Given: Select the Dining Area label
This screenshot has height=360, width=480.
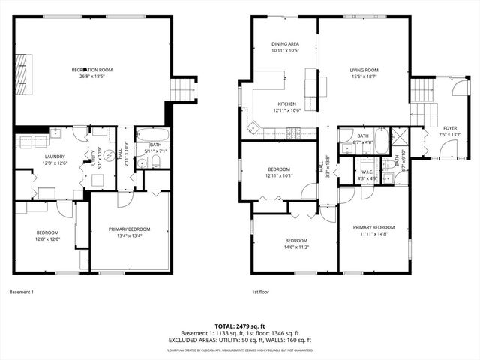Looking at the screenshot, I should pyautogui.click(x=285, y=44).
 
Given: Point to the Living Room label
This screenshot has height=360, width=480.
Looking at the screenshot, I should pyautogui.click(x=364, y=70).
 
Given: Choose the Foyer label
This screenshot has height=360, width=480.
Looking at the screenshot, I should pyautogui.click(x=449, y=128).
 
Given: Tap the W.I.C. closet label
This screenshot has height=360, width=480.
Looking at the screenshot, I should pyautogui.click(x=367, y=172).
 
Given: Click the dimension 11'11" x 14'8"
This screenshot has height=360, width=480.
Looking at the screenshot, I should pyautogui.click(x=373, y=233).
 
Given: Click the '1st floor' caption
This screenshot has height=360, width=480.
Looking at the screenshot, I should pyautogui.click(x=260, y=292).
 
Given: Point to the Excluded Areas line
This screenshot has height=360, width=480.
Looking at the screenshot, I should pyautogui.click(x=239, y=340).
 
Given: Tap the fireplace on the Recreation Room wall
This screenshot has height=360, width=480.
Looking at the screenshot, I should pyautogui.click(x=22, y=72).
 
